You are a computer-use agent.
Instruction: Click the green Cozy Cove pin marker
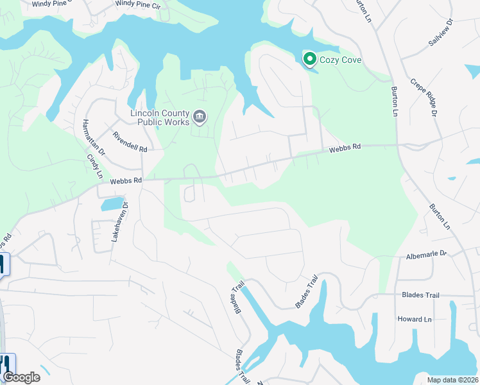pyautogui.click(x=309, y=60)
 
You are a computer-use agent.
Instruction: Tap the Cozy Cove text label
pyautogui.click(x=342, y=60)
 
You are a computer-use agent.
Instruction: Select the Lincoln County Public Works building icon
pyautogui.click(x=200, y=117)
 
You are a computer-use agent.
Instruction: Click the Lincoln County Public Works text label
pyautogui.click(x=160, y=117)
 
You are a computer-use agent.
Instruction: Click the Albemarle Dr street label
pyautogui.click(x=425, y=255)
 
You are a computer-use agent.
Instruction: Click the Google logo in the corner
pyautogui.click(x=21, y=377)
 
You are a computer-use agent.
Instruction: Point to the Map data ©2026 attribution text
pyautogui.click(x=452, y=380)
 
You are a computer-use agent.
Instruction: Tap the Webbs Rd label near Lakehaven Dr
pyautogui.click(x=125, y=181)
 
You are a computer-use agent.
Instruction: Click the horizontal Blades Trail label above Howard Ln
pyautogui.click(x=420, y=295)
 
